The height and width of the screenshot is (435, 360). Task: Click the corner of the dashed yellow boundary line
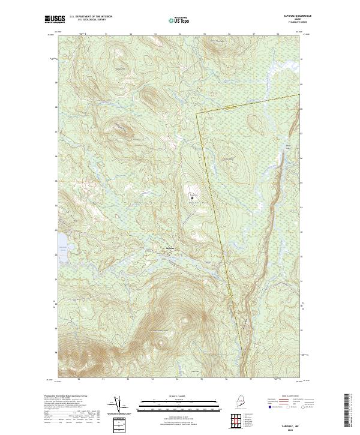pos(197,111)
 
